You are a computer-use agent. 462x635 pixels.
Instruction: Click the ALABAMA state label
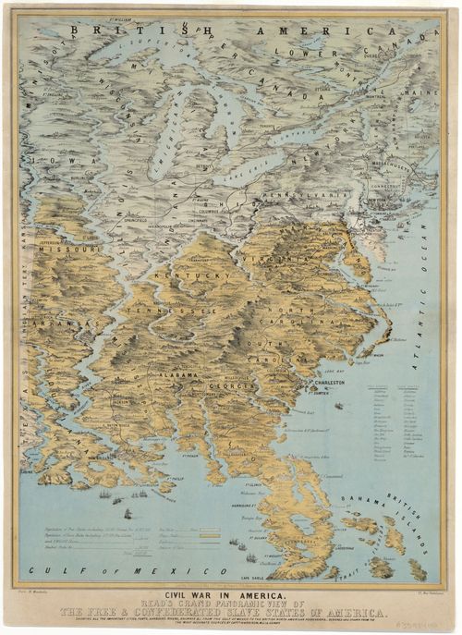(175, 376)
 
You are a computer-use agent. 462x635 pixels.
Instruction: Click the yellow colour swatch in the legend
(209, 535)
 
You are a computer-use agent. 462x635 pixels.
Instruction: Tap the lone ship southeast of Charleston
(338, 406)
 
